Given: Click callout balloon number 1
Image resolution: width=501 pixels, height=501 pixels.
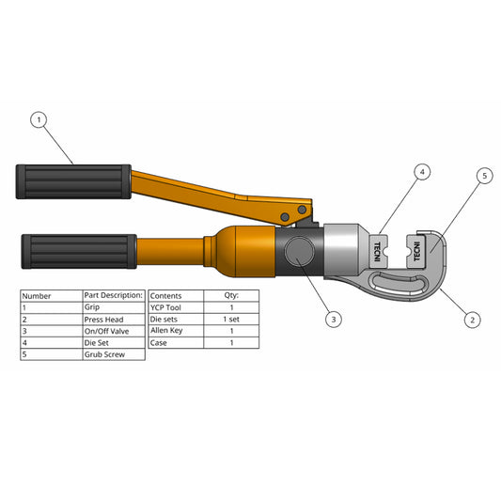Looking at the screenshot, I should [x=39, y=119].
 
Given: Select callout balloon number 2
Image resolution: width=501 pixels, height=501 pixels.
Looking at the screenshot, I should [x=473, y=319].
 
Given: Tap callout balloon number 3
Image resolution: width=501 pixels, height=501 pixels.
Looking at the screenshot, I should [x=334, y=320].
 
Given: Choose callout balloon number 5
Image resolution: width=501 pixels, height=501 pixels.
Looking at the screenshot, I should [x=484, y=175].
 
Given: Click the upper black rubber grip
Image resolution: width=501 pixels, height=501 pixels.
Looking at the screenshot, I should [x=73, y=180].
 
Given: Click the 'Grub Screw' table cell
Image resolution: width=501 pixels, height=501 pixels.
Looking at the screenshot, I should [x=114, y=354].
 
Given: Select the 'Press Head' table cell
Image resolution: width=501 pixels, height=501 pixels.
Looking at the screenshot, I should [x=114, y=319].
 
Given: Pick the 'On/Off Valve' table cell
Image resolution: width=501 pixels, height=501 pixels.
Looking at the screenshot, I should [x=114, y=331].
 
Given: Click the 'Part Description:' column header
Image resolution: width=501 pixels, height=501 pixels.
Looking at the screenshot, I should [x=114, y=295].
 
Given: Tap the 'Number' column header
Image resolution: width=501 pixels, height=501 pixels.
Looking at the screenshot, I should [x=51, y=295].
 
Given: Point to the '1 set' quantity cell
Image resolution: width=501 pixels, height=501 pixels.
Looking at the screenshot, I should [x=231, y=319].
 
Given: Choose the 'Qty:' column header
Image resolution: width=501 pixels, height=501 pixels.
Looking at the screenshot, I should [x=231, y=295].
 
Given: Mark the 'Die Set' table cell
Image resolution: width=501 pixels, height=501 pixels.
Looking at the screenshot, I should [x=114, y=343].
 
